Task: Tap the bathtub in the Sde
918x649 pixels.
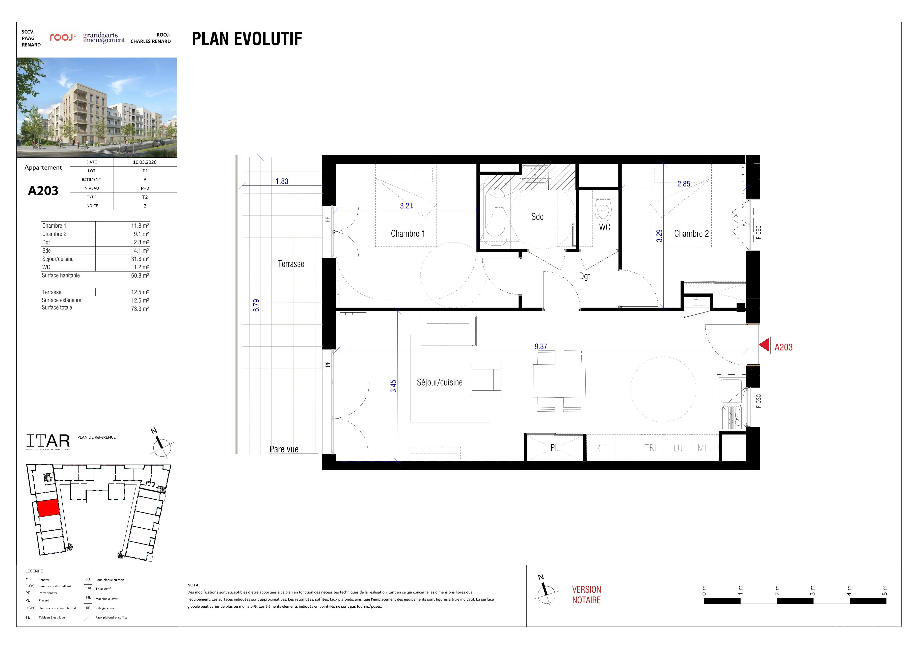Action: (495, 213)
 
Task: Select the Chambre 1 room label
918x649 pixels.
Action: (408, 233)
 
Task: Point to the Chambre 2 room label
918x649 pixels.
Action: (691, 233)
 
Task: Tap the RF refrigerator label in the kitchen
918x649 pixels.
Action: (600, 448)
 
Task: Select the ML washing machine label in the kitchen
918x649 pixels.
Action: (703, 448)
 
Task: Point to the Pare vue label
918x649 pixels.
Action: (284, 449)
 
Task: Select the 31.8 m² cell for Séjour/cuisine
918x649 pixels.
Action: (140, 259)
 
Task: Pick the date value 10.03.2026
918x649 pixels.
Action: (145, 162)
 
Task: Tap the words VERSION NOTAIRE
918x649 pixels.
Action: (586, 594)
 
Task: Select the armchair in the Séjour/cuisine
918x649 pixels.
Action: (486, 380)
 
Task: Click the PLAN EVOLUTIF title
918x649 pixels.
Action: (247, 39)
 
